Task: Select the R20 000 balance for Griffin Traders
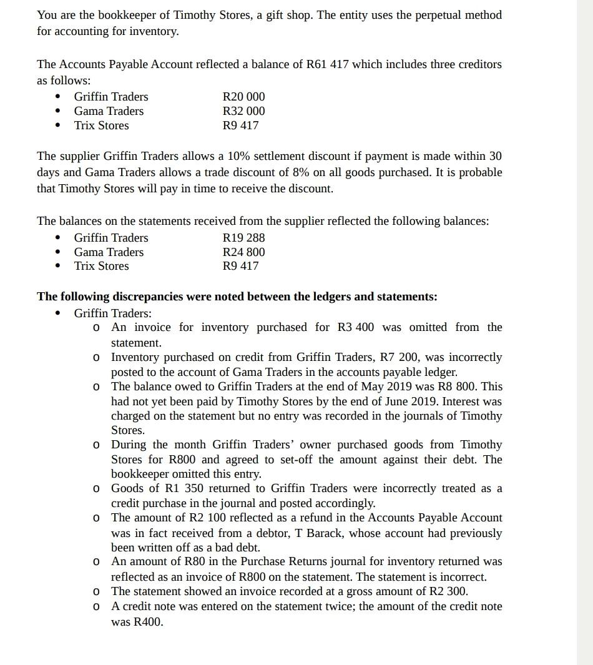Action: point(243,97)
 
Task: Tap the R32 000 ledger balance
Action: point(243,111)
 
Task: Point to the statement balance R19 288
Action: point(243,238)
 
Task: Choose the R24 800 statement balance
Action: point(243,252)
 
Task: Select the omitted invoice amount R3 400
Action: point(356,328)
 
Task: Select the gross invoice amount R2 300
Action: point(448,591)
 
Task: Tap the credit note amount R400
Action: point(147,622)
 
